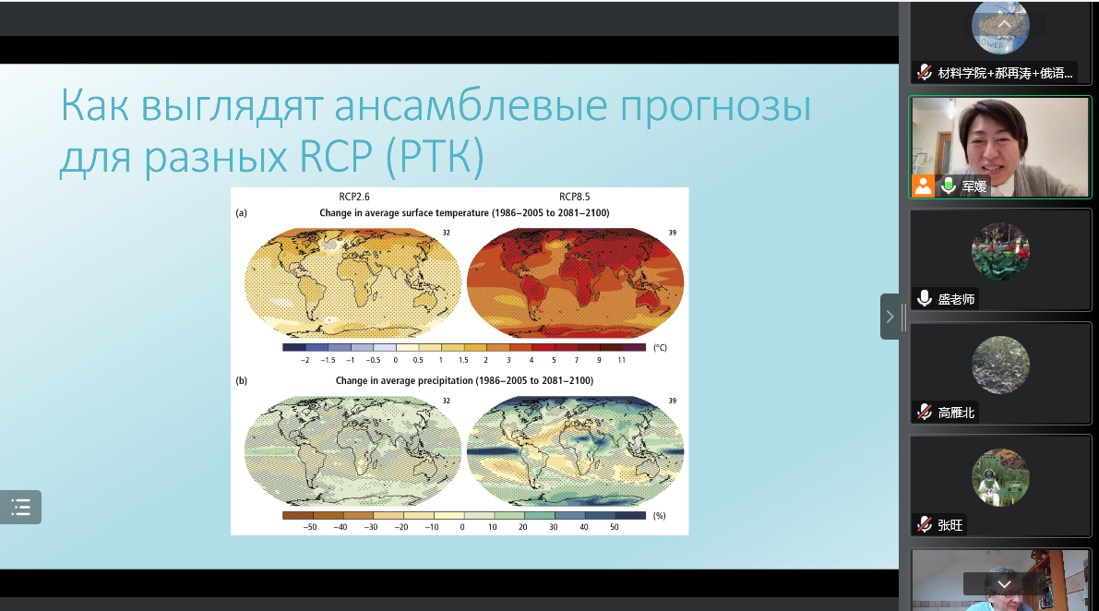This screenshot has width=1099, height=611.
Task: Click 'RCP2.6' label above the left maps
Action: coord(354,197)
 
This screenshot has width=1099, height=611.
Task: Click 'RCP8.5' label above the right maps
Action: coord(574,197)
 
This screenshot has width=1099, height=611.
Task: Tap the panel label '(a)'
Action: coord(241,213)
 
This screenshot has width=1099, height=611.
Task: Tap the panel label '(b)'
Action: coord(241,381)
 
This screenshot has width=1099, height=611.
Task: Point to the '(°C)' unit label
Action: coord(661,348)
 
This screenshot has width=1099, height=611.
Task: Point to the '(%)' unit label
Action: coord(660,516)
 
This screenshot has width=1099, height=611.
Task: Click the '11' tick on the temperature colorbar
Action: coord(622,360)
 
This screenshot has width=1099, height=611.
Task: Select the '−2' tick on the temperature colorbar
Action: coord(305,360)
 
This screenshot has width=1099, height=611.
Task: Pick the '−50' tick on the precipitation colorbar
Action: coord(309,527)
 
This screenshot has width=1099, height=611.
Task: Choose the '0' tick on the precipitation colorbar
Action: coord(462,527)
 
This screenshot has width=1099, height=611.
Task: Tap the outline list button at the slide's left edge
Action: coord(20,507)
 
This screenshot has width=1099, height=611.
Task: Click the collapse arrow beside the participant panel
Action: coord(890,317)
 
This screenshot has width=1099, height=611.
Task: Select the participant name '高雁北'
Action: coord(956,413)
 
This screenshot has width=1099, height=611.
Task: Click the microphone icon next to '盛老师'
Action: coord(925,298)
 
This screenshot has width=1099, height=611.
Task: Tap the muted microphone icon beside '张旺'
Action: coord(925,524)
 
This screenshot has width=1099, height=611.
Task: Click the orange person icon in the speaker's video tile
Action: coord(923,186)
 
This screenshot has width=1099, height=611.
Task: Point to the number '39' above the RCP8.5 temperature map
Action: coord(672,233)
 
